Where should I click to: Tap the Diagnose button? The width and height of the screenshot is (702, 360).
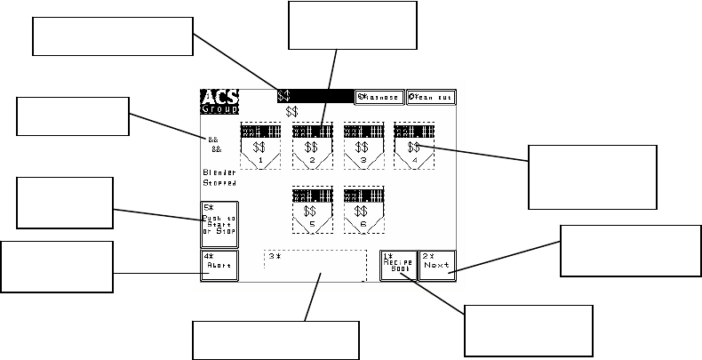coord(379,97)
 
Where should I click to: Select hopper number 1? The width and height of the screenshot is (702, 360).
coord(259,145)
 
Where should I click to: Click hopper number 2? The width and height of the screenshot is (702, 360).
coord(311,145)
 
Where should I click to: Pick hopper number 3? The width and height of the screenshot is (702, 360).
coord(363,145)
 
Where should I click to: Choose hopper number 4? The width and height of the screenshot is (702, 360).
coord(413,145)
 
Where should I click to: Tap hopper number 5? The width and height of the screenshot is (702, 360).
coord(311,210)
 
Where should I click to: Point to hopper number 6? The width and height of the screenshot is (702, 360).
coord(363,210)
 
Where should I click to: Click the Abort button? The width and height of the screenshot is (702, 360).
coord(219,265)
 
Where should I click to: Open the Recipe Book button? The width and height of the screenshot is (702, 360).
coord(398,265)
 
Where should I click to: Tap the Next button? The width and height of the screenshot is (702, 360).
coord(437,265)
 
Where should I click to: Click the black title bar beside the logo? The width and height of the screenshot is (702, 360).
coord(315,96)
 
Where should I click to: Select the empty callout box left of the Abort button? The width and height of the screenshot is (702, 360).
coord(57,266)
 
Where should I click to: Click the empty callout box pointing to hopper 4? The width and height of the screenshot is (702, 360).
coord(593,175)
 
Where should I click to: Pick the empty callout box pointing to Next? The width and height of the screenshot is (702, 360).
coord(631,251)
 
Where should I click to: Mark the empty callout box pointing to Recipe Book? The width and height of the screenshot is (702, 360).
coord(528,330)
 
